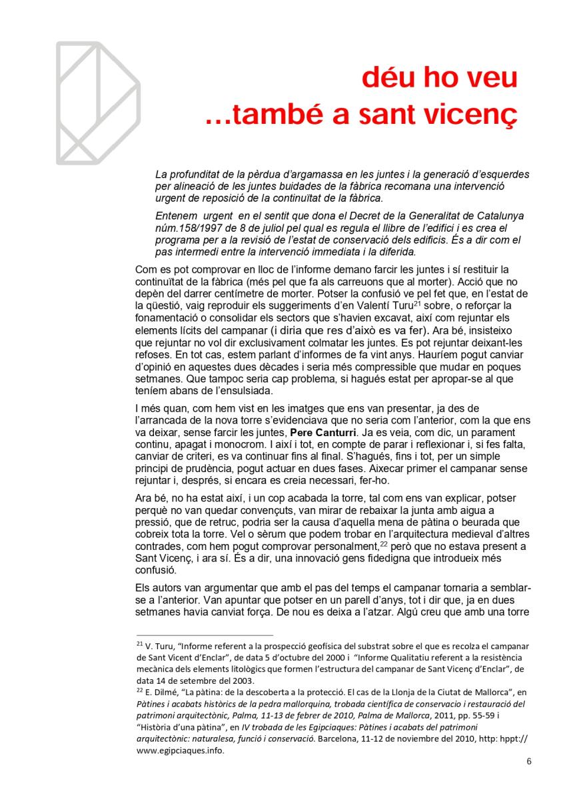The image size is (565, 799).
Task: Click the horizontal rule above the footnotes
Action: click(x=205, y=635)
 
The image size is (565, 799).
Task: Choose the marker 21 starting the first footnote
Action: click(x=139, y=644)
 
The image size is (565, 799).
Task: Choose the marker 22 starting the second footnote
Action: click(x=139, y=690)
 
